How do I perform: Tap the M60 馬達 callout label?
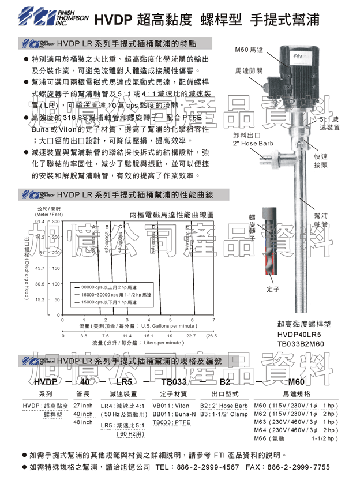click(250, 51)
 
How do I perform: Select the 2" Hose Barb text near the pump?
click(249, 142)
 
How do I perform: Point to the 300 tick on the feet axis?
click(56, 222)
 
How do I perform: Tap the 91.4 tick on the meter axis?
click(40, 222)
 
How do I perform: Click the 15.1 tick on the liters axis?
click(149, 335)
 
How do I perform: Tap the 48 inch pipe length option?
click(84, 422)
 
